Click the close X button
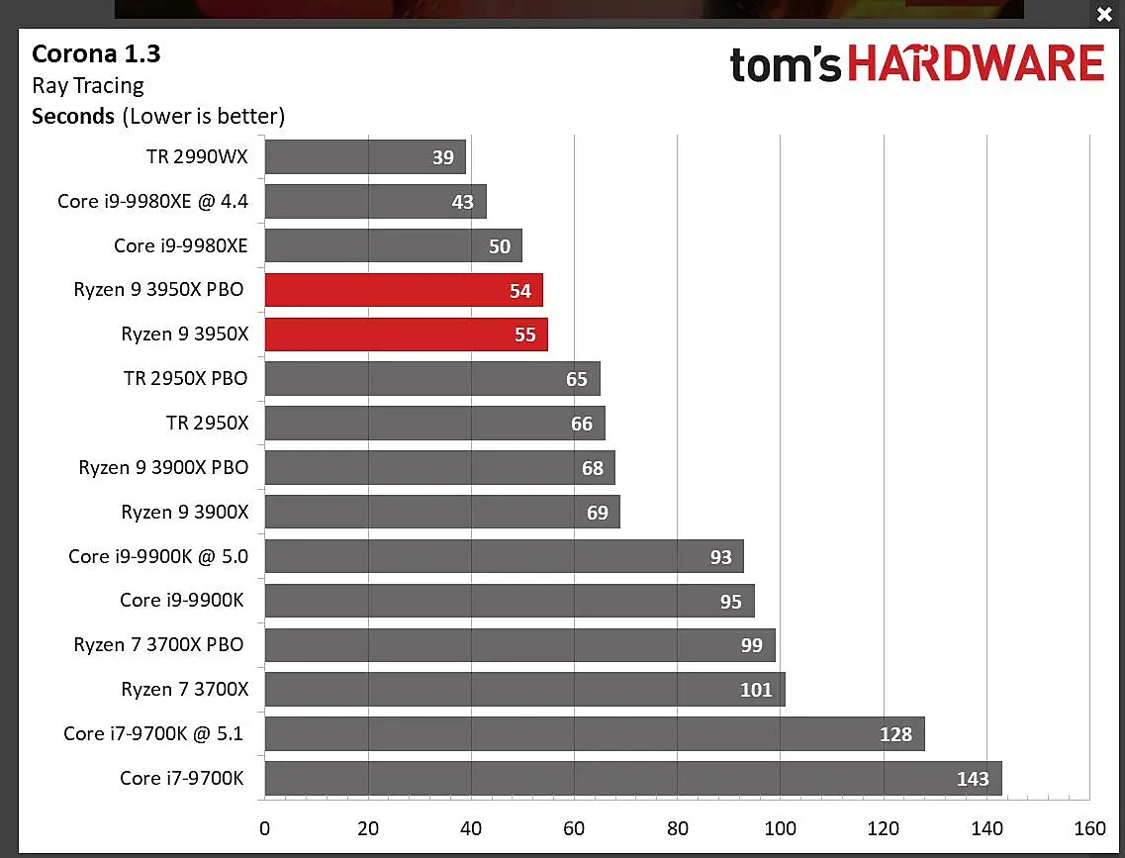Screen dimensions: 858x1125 1104,15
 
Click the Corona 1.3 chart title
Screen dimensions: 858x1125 95,53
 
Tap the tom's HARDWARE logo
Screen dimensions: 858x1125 916,64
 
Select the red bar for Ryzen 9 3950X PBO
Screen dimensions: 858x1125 404,290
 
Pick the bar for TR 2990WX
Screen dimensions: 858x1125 365,156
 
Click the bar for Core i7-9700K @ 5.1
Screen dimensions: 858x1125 594,734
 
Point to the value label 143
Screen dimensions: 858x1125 973,779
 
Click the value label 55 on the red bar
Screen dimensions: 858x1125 525,334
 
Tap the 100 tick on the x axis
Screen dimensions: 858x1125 780,828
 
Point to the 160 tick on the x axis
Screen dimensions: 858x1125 1089,828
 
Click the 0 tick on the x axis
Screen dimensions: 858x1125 264,828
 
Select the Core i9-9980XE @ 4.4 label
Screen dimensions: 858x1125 152,202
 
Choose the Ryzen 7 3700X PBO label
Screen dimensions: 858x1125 158,645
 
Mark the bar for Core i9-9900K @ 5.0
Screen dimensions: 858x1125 504,556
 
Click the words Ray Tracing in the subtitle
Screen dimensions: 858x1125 88,85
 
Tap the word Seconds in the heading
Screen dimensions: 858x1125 73,116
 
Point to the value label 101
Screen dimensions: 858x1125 756,690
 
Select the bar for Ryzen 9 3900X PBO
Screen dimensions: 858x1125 439,467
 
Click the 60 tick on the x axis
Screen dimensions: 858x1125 574,828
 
